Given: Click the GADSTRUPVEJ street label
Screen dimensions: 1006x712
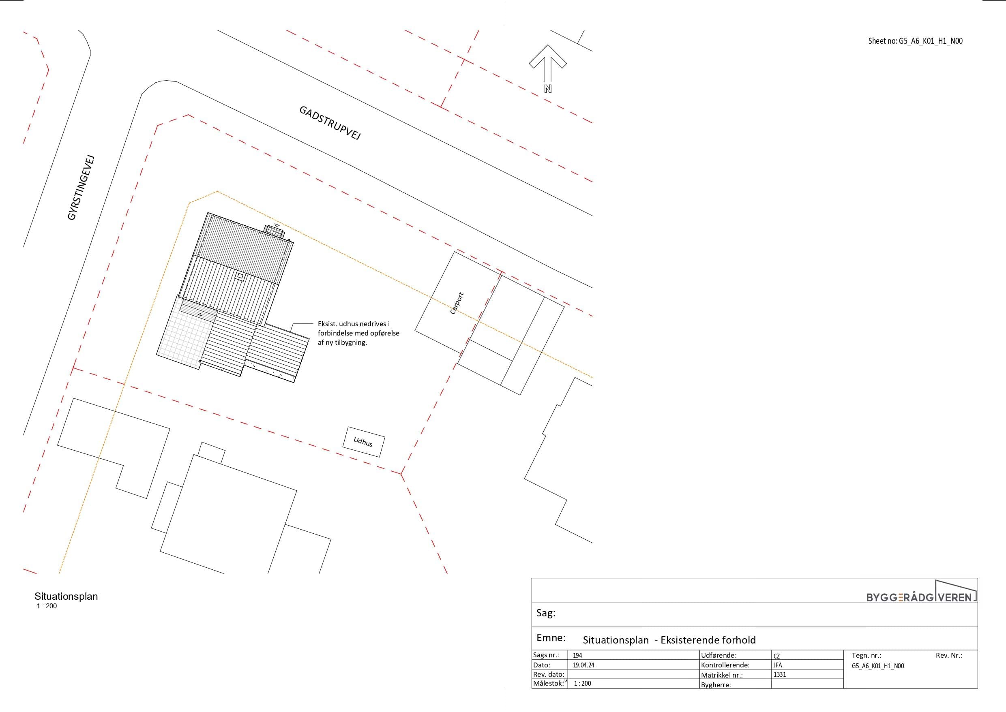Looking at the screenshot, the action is coord(330,122).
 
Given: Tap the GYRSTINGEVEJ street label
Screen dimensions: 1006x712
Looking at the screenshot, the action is coord(81,188).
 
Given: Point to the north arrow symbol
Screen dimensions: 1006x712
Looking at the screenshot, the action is coord(547,63).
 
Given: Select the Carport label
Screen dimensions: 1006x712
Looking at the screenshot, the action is coord(457,304).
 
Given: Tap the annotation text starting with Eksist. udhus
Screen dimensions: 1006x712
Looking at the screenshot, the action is coord(358,333).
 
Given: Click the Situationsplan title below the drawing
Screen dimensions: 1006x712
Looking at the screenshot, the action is coord(66,596).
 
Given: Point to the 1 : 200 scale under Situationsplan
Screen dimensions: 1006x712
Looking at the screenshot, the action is coord(47,606).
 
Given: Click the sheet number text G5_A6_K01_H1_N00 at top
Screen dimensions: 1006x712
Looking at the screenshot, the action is coord(915,41).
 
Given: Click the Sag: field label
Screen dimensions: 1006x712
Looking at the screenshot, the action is coord(546,613).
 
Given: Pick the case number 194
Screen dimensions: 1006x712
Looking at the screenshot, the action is coord(577,655).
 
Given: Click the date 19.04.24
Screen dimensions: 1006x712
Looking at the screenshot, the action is coord(583,665).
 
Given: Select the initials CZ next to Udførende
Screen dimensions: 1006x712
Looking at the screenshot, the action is coord(776,656).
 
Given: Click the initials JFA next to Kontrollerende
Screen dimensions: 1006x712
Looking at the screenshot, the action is coord(778,665).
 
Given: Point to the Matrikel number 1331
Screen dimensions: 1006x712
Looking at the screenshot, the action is coord(780,674).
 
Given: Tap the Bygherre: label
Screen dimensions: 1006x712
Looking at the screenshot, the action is coord(716,685).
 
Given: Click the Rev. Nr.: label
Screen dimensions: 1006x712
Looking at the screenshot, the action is coord(949,655).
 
